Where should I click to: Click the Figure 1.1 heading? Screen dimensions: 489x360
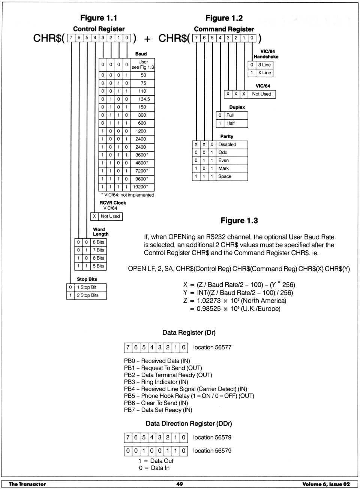tap(99, 18)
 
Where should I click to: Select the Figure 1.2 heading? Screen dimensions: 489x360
tap(224, 18)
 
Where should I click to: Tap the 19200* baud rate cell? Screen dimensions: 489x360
tap(141, 187)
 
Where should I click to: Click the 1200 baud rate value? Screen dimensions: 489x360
tap(141, 131)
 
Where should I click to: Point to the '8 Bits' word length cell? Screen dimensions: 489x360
tap(98, 242)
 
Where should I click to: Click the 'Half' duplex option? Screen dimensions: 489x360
tap(230, 123)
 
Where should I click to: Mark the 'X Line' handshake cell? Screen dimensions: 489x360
tap(264, 73)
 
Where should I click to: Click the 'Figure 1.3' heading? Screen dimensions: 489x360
tap(239, 221)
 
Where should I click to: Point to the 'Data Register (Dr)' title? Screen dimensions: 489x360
tap(189, 333)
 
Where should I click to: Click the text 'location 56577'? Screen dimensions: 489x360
tap(212, 348)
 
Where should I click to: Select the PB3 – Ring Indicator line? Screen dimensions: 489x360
tap(156, 382)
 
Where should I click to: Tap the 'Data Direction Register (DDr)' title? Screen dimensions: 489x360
tap(189, 424)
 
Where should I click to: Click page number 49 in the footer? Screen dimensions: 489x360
tap(180, 484)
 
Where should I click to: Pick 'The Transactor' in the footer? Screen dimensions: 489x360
tap(27, 484)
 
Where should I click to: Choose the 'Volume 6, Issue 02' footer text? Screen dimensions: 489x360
tap(326, 484)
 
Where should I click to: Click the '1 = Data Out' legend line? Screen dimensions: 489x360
tap(156, 461)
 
